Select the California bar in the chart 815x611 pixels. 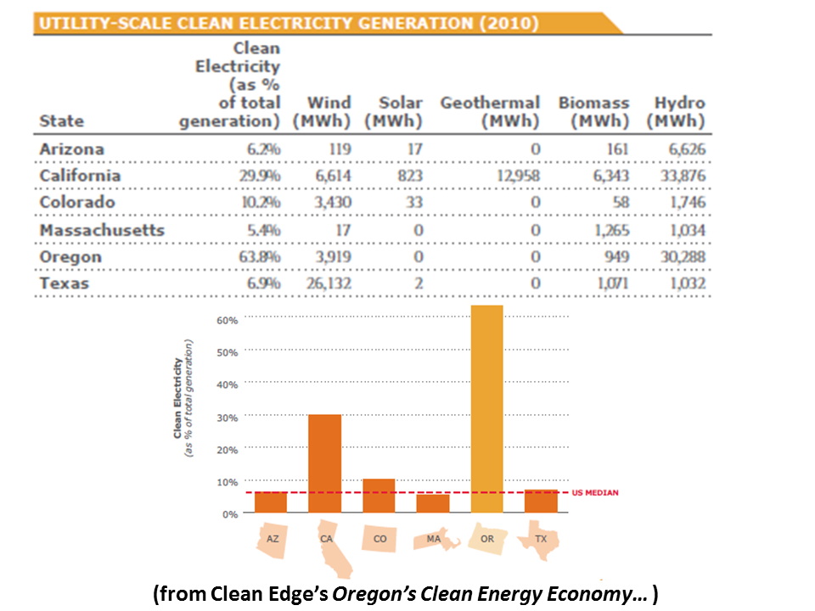pos(324,463)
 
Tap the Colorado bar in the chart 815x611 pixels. pos(379,496)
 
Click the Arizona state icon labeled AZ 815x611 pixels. pos(271,541)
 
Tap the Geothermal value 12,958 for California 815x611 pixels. pos(512,176)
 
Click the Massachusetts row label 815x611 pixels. pos(102,230)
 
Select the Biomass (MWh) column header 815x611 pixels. pos(593,112)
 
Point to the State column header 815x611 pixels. pos(62,121)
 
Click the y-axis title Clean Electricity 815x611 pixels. pos(178,398)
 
